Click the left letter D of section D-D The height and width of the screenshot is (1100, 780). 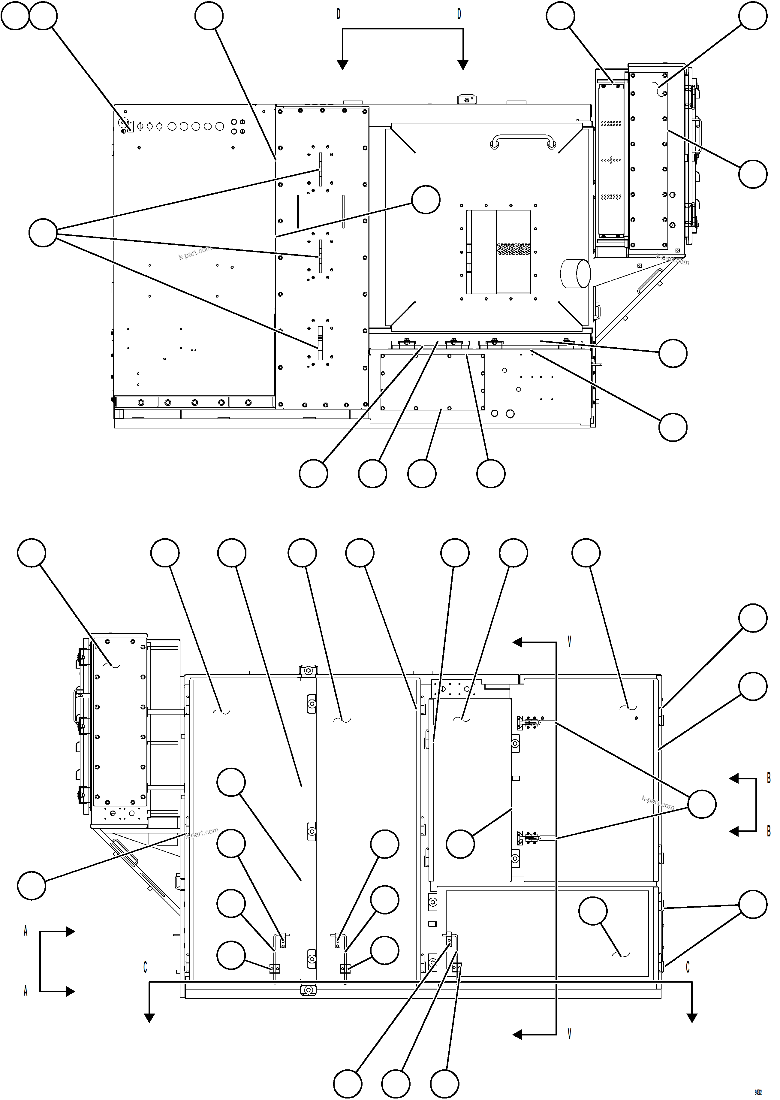pyautogui.click(x=338, y=14)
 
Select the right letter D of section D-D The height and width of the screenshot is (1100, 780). pyautogui.click(x=459, y=14)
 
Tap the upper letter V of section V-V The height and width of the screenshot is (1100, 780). pyautogui.click(x=570, y=642)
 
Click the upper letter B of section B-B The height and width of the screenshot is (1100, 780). pyautogui.click(x=769, y=778)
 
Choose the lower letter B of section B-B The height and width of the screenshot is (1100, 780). pyautogui.click(x=769, y=831)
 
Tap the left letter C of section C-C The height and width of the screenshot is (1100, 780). pyautogui.click(x=145, y=967)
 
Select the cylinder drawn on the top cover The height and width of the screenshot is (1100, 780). pyautogui.click(x=575, y=273)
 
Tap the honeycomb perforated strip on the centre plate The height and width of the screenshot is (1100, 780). pyautogui.click(x=513, y=249)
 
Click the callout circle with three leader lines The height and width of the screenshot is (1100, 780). pyautogui.click(x=43, y=233)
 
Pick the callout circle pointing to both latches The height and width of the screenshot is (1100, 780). pyautogui.click(x=702, y=804)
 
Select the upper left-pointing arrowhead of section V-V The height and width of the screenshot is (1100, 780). pyautogui.click(x=518, y=642)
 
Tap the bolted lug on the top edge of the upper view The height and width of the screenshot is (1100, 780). pyautogui.click(x=466, y=99)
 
